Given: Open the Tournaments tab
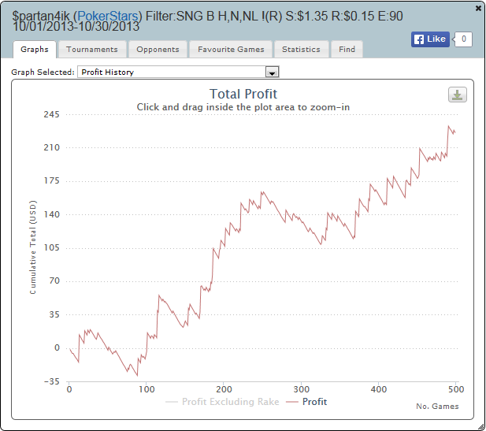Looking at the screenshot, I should [x=92, y=49].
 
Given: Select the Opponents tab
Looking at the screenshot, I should [x=158, y=49].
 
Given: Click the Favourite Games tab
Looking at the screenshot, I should [x=231, y=49].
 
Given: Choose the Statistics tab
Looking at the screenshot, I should [x=301, y=49].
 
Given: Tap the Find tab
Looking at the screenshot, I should [x=347, y=49].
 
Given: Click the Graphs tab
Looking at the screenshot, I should [x=35, y=49].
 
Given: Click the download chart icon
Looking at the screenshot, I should [x=458, y=95].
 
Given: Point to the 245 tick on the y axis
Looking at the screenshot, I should [x=51, y=114].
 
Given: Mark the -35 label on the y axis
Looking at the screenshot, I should [x=51, y=381].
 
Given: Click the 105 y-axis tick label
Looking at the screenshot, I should [x=51, y=248].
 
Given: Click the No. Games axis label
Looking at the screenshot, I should [x=437, y=407].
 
